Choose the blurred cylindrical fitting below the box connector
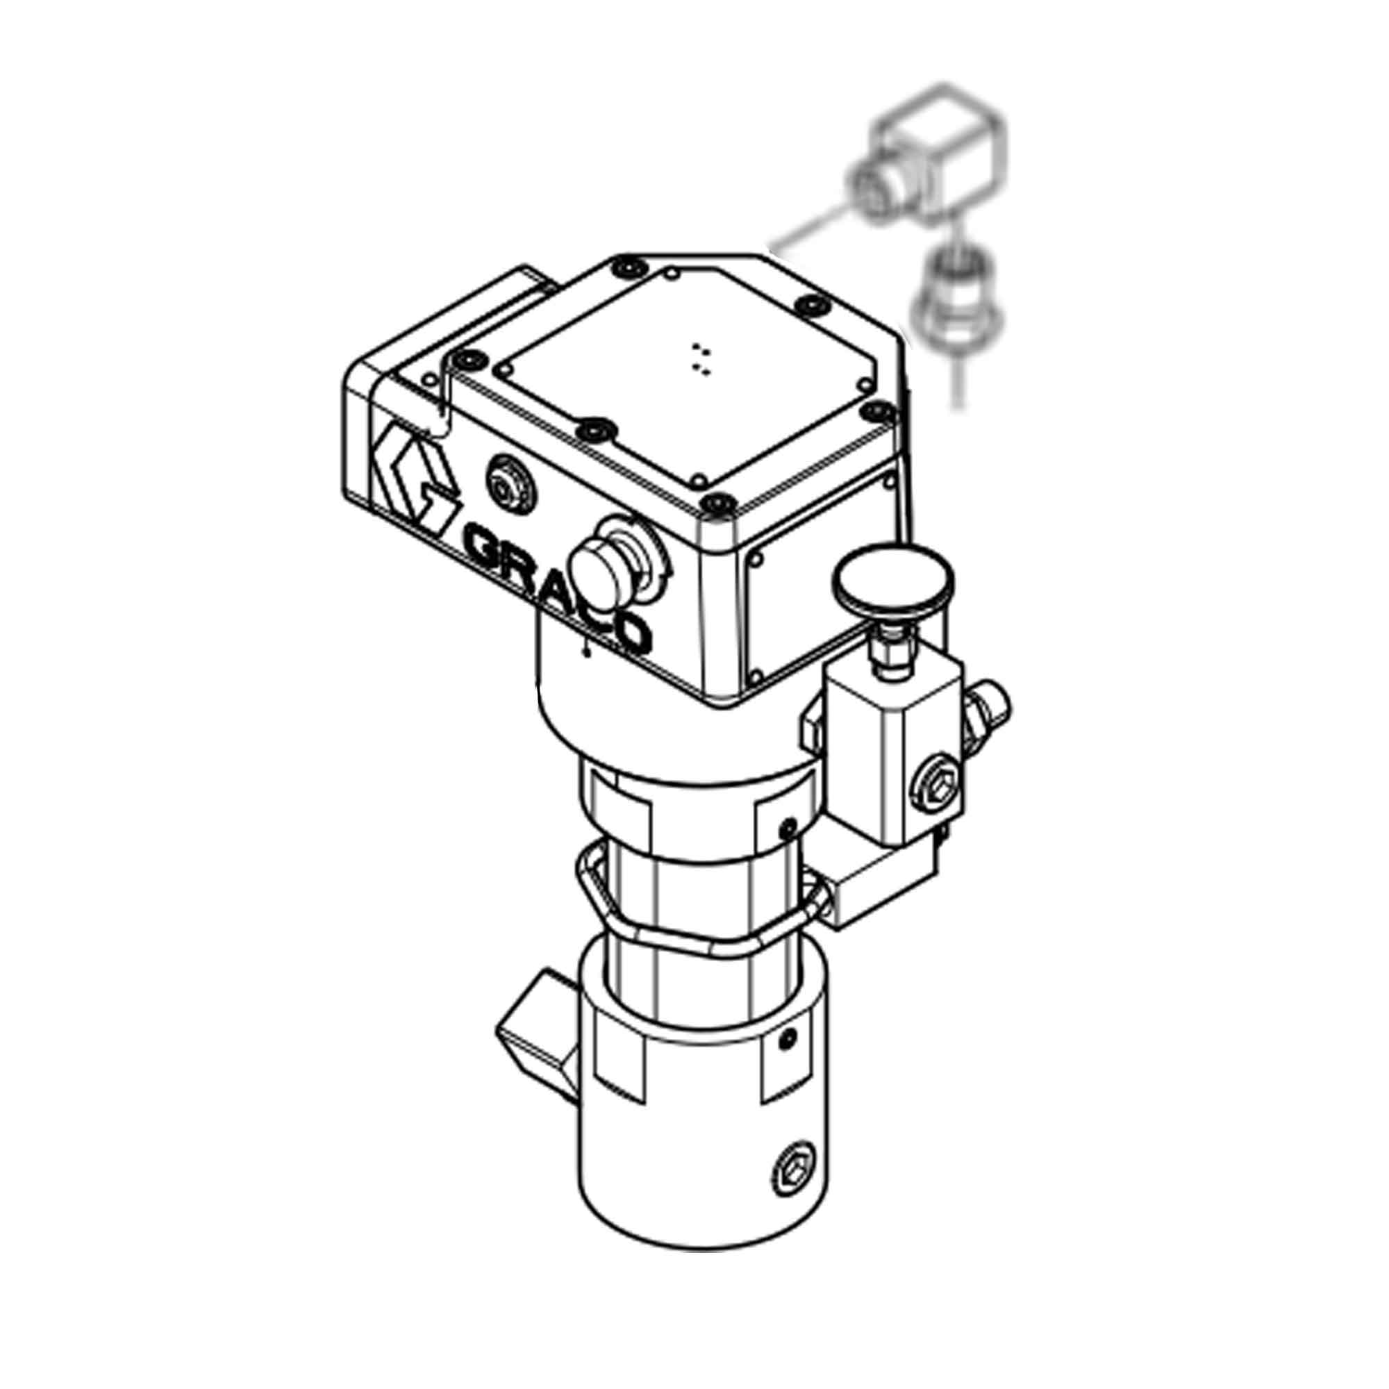tap(957, 301)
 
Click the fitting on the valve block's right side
tap(988, 708)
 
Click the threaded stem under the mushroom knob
tap(890, 651)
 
